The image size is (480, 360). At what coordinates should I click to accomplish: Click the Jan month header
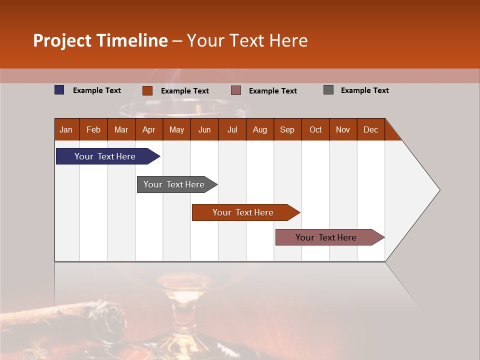(66, 129)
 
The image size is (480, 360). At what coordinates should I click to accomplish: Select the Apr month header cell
(149, 129)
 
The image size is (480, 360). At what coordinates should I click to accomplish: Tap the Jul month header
(232, 129)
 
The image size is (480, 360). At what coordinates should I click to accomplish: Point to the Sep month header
(287, 129)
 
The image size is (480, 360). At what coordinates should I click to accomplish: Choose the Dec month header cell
(370, 129)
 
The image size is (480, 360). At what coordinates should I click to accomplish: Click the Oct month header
(315, 129)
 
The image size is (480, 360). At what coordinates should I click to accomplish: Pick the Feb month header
(93, 129)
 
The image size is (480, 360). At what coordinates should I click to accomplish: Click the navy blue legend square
(59, 90)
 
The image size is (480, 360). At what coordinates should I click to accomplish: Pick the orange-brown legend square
(147, 90)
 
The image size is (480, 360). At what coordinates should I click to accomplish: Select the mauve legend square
(236, 90)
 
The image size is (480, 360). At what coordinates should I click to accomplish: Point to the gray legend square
(328, 90)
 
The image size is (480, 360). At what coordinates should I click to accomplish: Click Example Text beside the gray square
(364, 90)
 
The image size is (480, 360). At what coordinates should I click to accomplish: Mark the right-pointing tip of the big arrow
(438, 189)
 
